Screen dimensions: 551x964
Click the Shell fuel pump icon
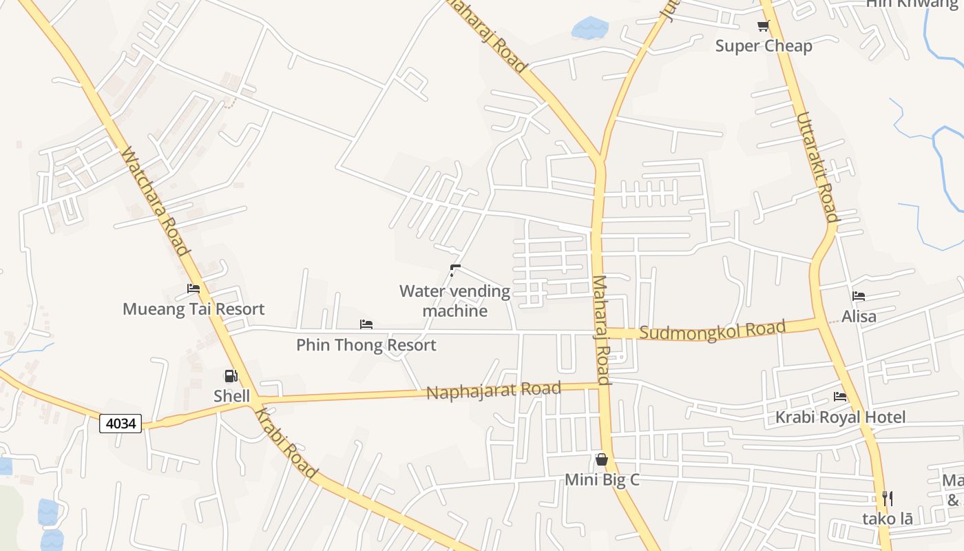(x=231, y=376)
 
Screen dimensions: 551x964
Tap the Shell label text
(x=231, y=396)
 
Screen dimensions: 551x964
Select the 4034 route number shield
(x=120, y=423)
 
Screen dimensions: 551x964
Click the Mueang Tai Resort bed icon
(x=193, y=289)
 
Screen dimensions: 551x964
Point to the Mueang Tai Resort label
(x=193, y=309)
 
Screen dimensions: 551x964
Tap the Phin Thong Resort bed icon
(x=366, y=324)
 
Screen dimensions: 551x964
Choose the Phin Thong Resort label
(x=366, y=345)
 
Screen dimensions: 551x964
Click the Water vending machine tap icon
(x=454, y=270)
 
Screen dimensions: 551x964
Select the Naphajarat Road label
(x=494, y=391)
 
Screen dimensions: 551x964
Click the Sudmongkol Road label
(x=712, y=331)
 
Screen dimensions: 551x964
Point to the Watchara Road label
(x=155, y=200)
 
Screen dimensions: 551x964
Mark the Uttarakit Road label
(x=817, y=167)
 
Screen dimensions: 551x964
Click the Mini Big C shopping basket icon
(x=602, y=459)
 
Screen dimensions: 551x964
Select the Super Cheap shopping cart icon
(x=763, y=26)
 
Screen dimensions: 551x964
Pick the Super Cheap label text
(x=764, y=46)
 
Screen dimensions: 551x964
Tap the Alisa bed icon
(x=859, y=296)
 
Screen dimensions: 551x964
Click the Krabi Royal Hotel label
(x=840, y=417)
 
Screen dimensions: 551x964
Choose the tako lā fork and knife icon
(x=888, y=499)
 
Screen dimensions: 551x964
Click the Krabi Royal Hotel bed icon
(x=840, y=397)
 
